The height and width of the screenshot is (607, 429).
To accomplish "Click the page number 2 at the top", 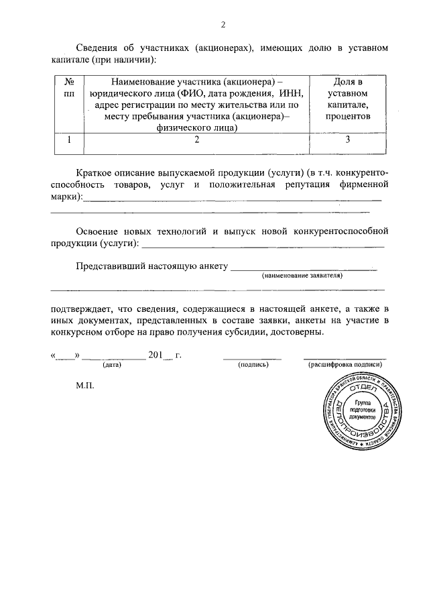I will tap(223, 25).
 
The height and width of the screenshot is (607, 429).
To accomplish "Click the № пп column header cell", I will tap(68, 88).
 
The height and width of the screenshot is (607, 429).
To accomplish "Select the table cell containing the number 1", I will tap(68, 140).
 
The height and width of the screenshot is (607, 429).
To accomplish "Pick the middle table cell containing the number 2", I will tap(196, 140).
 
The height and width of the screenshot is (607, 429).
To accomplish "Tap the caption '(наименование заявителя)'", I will tap(302, 276).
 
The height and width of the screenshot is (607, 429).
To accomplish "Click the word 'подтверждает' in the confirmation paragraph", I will tap(82, 309).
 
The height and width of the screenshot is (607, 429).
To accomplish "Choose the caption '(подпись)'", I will tap(253, 365).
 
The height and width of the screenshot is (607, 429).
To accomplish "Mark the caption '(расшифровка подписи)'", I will tap(345, 365).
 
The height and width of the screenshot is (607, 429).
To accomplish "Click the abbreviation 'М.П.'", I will tap(86, 387).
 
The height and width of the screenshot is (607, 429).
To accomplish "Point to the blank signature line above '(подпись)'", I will tap(253, 358).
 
